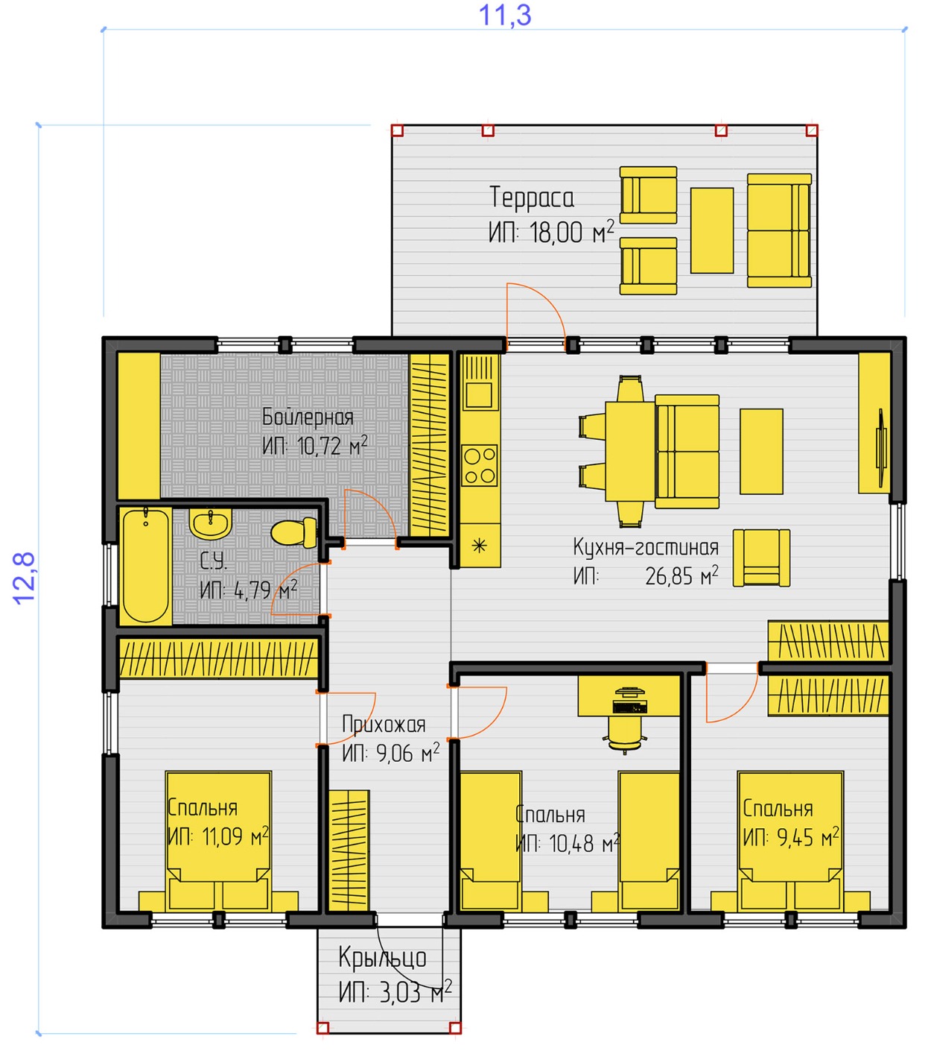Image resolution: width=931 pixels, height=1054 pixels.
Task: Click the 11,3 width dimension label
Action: click(504, 15)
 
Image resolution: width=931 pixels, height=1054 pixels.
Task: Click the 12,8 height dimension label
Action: click(24, 578)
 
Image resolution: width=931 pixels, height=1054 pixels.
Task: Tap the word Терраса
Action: click(531, 198)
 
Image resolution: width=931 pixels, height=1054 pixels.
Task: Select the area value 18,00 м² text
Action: click(572, 232)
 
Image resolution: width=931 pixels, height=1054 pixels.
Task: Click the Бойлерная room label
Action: click(308, 417)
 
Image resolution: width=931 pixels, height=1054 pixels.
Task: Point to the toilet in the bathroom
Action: click(293, 531)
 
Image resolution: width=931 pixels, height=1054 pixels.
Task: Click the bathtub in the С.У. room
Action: click(145, 566)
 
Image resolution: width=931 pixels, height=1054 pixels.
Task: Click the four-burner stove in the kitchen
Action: click(480, 466)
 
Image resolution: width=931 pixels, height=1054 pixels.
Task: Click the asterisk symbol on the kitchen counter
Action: click(479, 546)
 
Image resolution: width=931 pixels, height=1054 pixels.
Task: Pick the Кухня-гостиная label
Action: click(646, 547)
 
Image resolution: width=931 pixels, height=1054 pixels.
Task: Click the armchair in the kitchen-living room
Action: click(761, 558)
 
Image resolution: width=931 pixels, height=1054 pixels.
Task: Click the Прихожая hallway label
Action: click(384, 725)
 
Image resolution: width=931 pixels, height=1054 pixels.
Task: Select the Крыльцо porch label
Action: click(383, 958)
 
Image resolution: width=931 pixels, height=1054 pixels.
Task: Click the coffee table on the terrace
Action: click(711, 230)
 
